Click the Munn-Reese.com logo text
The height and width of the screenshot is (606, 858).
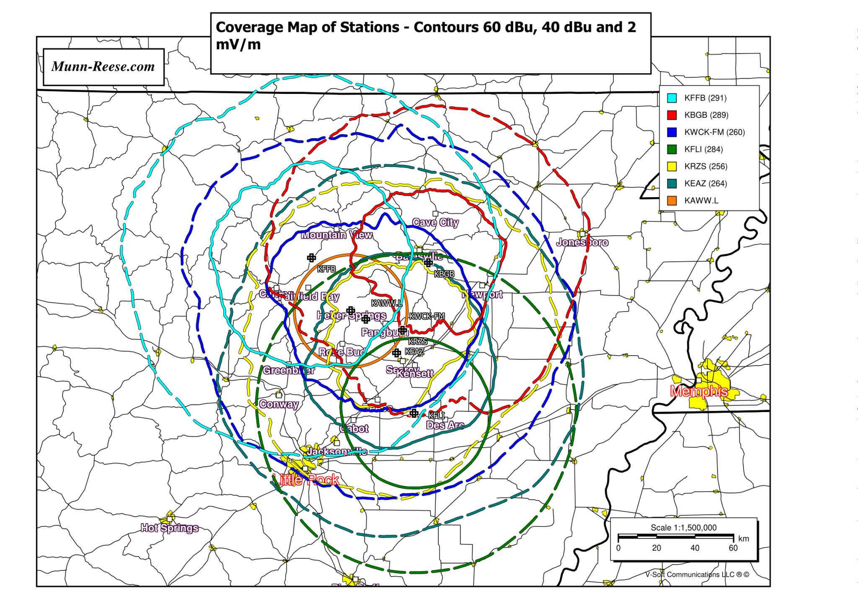103,67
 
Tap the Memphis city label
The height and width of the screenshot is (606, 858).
699,391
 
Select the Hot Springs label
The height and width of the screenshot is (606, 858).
169,528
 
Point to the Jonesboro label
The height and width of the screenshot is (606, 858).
582,242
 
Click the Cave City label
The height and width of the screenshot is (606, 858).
435,222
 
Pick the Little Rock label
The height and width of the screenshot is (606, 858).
306,480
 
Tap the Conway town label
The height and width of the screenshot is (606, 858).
279,404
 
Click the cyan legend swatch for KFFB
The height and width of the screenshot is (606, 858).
672,98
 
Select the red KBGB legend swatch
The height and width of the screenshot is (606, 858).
672,115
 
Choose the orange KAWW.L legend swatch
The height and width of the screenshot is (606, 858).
672,201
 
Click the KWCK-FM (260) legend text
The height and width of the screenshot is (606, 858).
714,132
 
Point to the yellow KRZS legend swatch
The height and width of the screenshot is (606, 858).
672,166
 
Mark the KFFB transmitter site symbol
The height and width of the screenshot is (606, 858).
311,258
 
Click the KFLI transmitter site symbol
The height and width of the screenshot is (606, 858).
414,413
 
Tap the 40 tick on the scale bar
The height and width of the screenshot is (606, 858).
695,548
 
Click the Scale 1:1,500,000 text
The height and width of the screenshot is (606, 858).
683,528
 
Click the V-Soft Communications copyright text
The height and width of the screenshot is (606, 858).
697,575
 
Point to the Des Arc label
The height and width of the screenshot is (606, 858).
445,425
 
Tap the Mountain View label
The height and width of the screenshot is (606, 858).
337,235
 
